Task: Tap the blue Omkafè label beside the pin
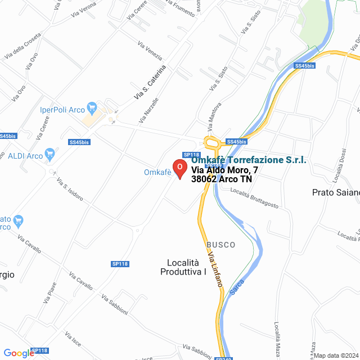click(157, 172)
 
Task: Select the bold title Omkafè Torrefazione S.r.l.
click(249, 160)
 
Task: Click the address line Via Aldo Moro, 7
click(225, 170)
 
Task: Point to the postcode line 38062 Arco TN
click(221, 179)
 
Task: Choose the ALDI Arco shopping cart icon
click(50, 152)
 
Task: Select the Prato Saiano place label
click(336, 192)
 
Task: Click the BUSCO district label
click(221, 245)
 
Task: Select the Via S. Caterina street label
click(150, 83)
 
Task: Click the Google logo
click(19, 353)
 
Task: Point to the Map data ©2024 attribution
click(336, 355)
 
